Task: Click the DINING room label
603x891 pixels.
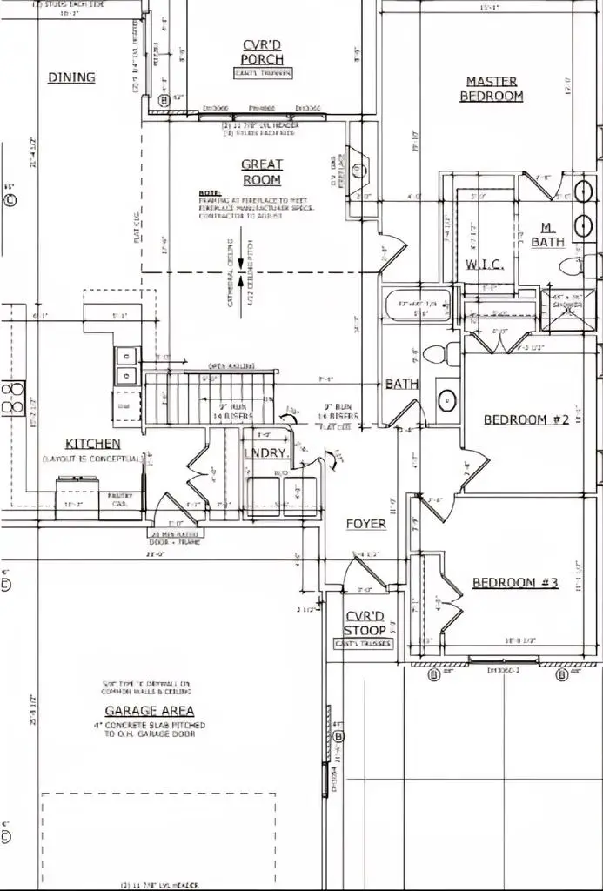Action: (x=71, y=77)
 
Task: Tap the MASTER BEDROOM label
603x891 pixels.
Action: (x=492, y=88)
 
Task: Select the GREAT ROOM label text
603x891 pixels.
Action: (x=261, y=171)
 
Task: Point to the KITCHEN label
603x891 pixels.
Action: (x=93, y=444)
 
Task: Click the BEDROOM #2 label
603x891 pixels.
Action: (x=526, y=419)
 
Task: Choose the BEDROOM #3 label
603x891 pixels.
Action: (x=514, y=582)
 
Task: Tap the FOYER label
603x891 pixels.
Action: (x=365, y=524)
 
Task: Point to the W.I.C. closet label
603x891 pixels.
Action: (x=480, y=264)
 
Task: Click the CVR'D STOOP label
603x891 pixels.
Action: (x=364, y=623)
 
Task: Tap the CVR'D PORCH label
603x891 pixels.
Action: (x=262, y=51)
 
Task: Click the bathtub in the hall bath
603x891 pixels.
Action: (x=418, y=305)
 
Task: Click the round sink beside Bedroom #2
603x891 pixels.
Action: (x=446, y=401)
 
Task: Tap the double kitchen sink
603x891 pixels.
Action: (x=125, y=365)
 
